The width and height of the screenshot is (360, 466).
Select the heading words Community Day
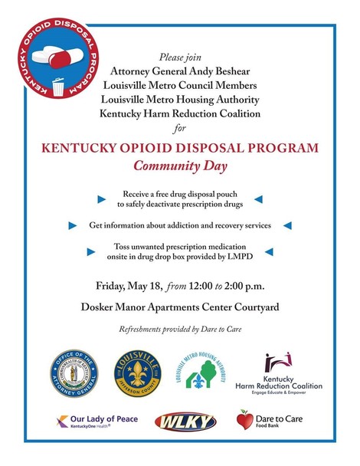pos(180,163)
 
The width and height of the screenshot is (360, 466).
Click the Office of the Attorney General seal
pos(74,372)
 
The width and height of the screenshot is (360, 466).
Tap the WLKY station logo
pos(180,422)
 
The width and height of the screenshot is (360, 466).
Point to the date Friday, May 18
pos(128,286)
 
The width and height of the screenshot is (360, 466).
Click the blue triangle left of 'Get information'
pos(73,226)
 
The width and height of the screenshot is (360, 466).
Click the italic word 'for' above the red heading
pos(180,128)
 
